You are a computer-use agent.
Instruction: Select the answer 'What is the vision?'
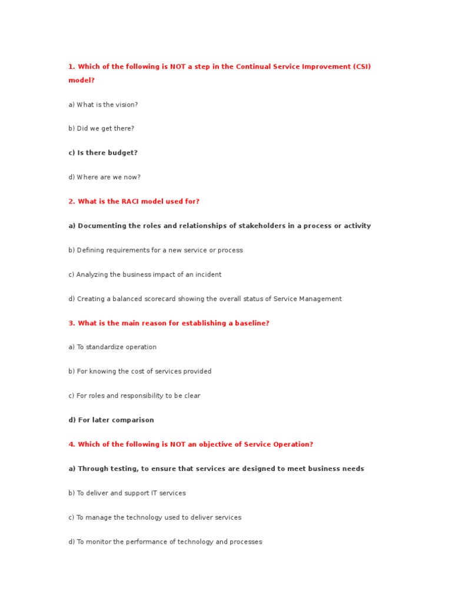(103, 105)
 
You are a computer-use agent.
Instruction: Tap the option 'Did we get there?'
(101, 129)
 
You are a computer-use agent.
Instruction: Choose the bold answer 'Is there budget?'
(103, 153)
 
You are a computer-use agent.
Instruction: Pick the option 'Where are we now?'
(104, 177)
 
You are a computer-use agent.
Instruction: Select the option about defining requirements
(155, 250)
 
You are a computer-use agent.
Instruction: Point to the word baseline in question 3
(251, 323)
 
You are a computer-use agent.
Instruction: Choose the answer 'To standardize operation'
(112, 347)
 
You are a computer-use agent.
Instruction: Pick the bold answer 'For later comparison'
(111, 420)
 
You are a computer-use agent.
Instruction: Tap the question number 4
(71, 444)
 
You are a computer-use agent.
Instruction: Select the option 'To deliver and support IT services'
(127, 493)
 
